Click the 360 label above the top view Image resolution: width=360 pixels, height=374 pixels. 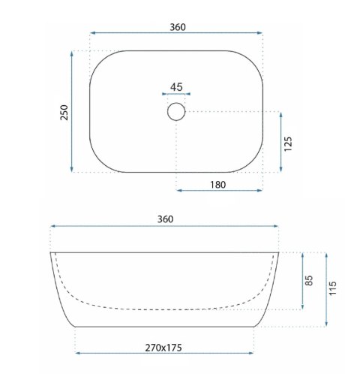(178, 27)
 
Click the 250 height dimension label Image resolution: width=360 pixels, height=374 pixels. (64, 113)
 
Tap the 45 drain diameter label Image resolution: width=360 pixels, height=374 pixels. (176, 87)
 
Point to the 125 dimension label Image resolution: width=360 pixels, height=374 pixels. (288, 144)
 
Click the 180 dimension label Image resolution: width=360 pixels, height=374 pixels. (218, 185)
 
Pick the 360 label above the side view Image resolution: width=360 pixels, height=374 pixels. (165, 219)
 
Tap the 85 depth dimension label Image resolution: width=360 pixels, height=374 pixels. (309, 280)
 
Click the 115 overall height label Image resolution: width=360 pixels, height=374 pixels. (333, 288)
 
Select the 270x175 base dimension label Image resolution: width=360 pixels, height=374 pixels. (163, 348)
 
